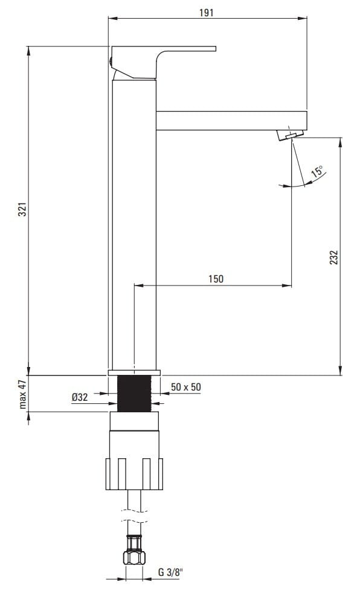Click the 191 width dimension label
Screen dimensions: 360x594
point(207,13)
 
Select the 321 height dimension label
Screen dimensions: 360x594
point(23,209)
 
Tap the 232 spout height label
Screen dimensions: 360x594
point(333,257)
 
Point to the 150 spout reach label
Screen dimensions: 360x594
point(216,279)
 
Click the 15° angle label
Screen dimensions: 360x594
point(318,171)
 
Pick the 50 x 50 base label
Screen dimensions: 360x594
point(185,387)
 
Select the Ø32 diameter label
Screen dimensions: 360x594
point(80,397)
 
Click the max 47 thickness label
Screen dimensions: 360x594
point(23,394)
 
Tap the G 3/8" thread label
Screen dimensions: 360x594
point(170,572)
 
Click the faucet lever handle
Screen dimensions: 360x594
point(163,63)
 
